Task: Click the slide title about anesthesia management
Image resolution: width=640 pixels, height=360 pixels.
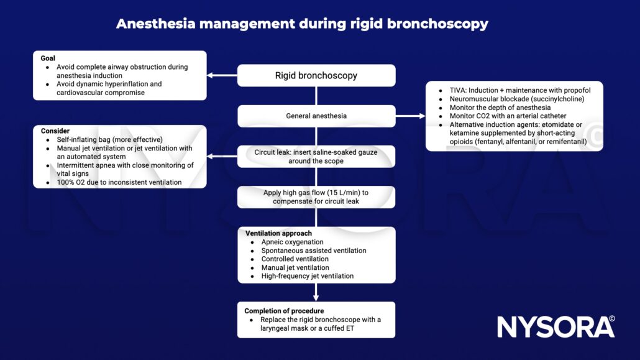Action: click(x=302, y=24)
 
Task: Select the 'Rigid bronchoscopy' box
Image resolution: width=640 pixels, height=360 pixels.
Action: click(x=316, y=76)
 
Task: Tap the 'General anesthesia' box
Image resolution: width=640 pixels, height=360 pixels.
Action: click(x=316, y=116)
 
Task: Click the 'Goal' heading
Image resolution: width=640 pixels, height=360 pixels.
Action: click(x=48, y=58)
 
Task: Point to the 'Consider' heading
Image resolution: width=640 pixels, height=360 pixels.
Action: click(x=55, y=131)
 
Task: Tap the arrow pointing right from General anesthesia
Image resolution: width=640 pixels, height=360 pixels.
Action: click(x=410, y=116)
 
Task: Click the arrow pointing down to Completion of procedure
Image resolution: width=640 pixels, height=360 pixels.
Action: click(x=316, y=292)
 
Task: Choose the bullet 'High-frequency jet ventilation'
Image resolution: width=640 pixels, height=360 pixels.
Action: click(x=307, y=276)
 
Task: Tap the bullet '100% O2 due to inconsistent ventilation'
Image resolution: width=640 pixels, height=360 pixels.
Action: click(x=117, y=183)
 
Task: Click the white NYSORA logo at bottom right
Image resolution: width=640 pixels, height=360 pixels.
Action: click(x=555, y=326)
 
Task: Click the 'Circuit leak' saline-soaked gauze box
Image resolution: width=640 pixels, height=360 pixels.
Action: click(x=316, y=157)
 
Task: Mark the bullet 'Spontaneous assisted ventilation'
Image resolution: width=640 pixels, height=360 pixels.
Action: click(x=313, y=251)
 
